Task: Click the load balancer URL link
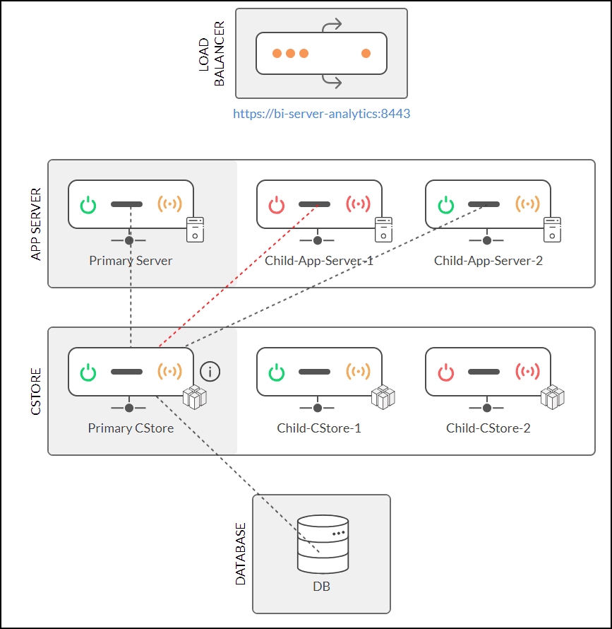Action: pos(322,113)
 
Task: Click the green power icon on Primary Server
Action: pos(88,206)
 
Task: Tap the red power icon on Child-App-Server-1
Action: pos(277,206)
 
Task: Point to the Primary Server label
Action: pos(131,261)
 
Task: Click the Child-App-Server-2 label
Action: pos(488,261)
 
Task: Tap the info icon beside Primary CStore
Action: pos(210,371)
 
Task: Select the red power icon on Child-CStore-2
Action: pos(446,372)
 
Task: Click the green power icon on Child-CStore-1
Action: pos(277,372)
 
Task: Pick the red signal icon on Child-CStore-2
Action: pos(527,372)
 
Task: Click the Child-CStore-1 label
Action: pos(319,428)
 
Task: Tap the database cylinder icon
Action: pos(323,543)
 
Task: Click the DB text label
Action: pos(322,587)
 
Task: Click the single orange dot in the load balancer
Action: pos(366,53)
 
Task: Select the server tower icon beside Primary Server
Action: pos(196,230)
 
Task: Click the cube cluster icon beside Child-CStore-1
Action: pos(383,397)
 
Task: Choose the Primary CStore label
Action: pos(131,428)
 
